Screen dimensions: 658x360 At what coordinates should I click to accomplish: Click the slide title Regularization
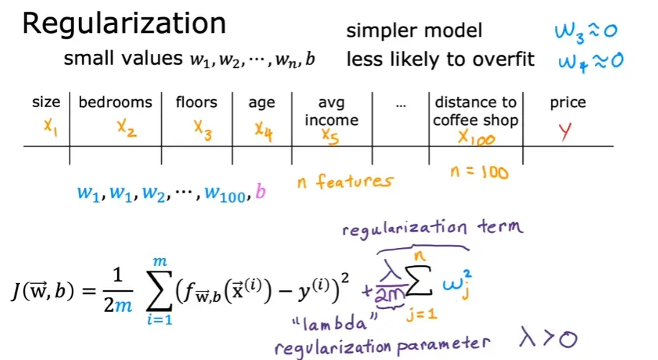[x=124, y=24]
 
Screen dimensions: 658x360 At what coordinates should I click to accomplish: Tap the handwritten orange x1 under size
[x=50, y=126]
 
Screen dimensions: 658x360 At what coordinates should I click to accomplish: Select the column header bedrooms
[x=116, y=102]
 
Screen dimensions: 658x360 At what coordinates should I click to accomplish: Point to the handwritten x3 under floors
[x=203, y=130]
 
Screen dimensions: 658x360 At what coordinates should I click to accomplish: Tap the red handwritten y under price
[x=565, y=132]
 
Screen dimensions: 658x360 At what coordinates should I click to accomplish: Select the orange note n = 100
[x=479, y=172]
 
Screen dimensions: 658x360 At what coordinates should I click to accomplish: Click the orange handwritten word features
[x=355, y=181]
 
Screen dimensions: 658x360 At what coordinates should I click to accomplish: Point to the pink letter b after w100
[x=260, y=191]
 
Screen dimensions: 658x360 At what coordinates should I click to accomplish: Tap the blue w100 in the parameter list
[x=225, y=194]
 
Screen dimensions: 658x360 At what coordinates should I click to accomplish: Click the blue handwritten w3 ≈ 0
[x=586, y=32]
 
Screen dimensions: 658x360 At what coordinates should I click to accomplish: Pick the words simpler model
[x=414, y=31]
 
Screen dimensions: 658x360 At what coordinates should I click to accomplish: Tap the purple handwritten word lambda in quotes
[x=335, y=323]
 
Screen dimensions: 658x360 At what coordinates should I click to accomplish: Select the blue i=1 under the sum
[x=159, y=320]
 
